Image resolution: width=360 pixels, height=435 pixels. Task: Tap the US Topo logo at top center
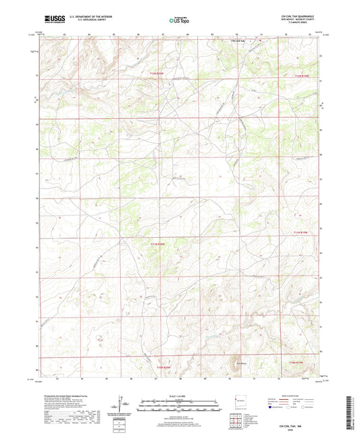click(176, 22)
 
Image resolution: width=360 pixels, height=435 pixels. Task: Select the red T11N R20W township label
click(157, 244)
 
